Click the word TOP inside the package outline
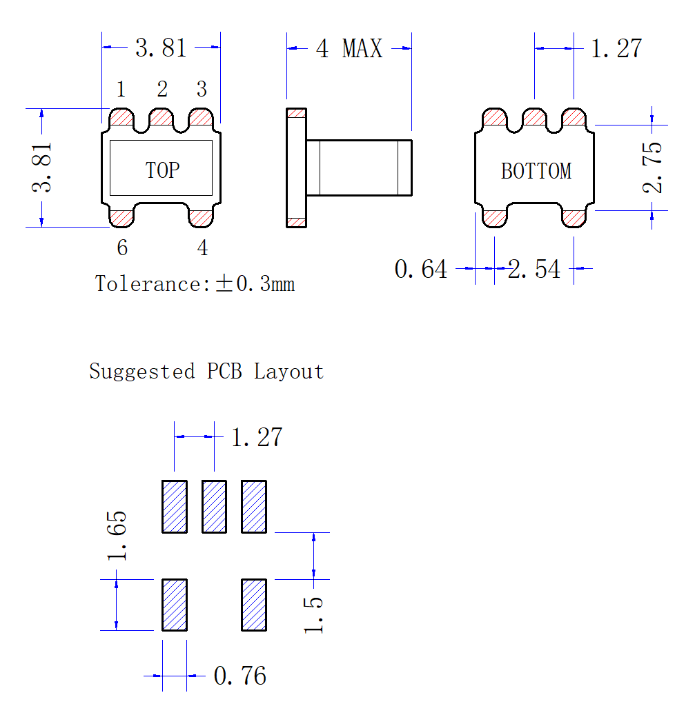point(162,170)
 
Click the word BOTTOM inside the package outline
point(536,171)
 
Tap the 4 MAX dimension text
point(349,48)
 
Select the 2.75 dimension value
point(652,168)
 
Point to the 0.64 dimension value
point(421,269)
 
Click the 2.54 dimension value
point(534,269)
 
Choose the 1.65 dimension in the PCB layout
point(117,536)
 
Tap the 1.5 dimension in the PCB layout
point(313,615)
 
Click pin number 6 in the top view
point(122,248)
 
